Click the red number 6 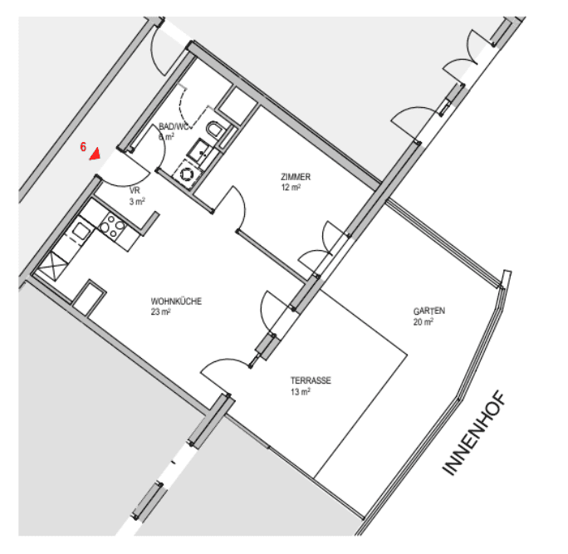click(x=84, y=146)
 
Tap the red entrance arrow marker click(x=96, y=154)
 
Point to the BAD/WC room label click(x=174, y=126)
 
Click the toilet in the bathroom click(x=217, y=131)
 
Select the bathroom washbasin click(x=202, y=150)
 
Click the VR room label click(x=135, y=190)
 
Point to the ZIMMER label click(x=296, y=177)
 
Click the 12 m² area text click(x=291, y=188)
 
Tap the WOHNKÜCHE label click(x=176, y=302)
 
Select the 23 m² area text click(x=160, y=312)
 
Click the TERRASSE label click(x=311, y=380)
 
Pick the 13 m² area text click(x=300, y=391)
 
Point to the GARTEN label click(x=429, y=311)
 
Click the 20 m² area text click(x=423, y=322)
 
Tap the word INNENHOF click(x=473, y=436)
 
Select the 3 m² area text click(x=137, y=201)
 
